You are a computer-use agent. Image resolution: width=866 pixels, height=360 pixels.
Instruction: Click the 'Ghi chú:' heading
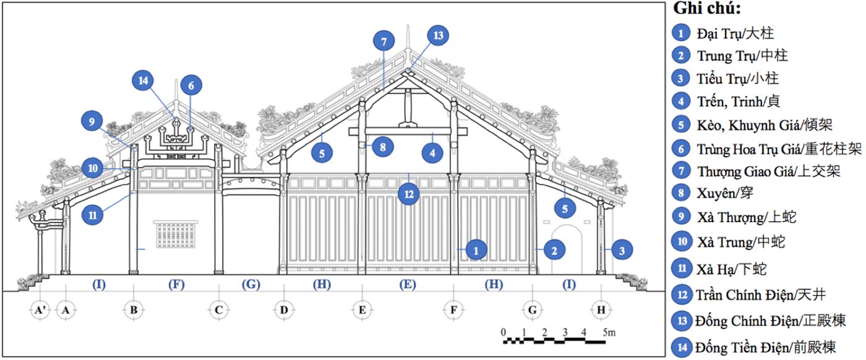(708, 9)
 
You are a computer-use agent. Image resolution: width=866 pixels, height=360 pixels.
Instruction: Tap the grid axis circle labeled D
(283, 309)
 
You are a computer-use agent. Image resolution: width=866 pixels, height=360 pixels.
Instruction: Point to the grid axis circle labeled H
(599, 309)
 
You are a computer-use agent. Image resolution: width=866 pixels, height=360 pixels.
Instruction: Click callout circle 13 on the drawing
(438, 36)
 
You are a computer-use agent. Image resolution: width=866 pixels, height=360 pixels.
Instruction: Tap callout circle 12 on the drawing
(408, 194)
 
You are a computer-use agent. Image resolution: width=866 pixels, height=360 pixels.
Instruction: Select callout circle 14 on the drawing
(144, 81)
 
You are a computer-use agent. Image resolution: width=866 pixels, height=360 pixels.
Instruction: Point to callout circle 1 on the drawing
(476, 250)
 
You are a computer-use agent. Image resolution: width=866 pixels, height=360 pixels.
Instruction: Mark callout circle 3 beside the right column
(623, 250)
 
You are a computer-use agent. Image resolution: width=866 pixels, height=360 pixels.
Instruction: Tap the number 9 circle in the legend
(682, 216)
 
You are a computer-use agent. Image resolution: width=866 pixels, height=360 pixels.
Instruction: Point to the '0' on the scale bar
(504, 332)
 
